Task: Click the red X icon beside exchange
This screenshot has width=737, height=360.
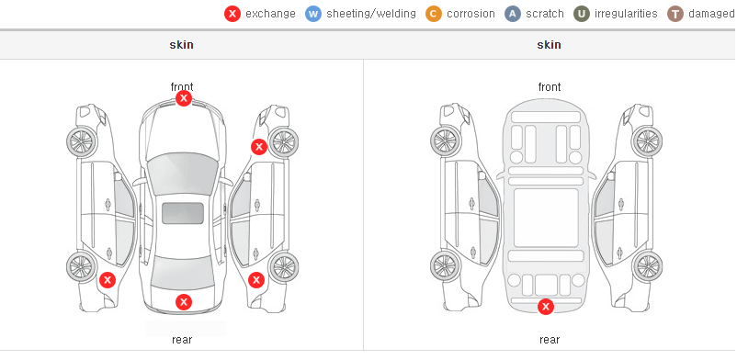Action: click(232, 14)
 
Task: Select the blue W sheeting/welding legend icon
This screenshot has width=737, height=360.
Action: click(313, 14)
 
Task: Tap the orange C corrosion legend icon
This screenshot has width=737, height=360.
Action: click(434, 14)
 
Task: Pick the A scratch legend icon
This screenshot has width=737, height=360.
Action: click(513, 14)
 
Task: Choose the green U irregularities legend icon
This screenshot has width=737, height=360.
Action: click(582, 14)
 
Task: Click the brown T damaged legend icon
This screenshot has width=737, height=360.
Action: click(675, 14)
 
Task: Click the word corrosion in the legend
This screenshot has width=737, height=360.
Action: click(471, 14)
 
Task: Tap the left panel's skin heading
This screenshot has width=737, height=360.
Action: click(181, 45)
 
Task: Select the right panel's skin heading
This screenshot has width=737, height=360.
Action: click(549, 45)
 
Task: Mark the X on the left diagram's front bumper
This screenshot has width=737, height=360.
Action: click(184, 98)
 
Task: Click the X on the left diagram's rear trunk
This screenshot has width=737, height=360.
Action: click(184, 302)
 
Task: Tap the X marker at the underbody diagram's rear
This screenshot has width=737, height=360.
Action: click(546, 307)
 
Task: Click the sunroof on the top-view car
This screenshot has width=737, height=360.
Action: click(183, 213)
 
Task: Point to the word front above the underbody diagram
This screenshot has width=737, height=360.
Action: click(550, 87)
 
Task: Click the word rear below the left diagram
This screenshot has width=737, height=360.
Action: click(182, 340)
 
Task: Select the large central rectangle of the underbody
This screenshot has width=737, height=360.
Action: click(546, 218)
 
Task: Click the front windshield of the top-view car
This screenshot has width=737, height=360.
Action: click(182, 173)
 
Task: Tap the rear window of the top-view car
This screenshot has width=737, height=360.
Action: click(182, 273)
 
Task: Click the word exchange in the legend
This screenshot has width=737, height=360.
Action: click(270, 14)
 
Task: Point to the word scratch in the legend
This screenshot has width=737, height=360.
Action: click(545, 14)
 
